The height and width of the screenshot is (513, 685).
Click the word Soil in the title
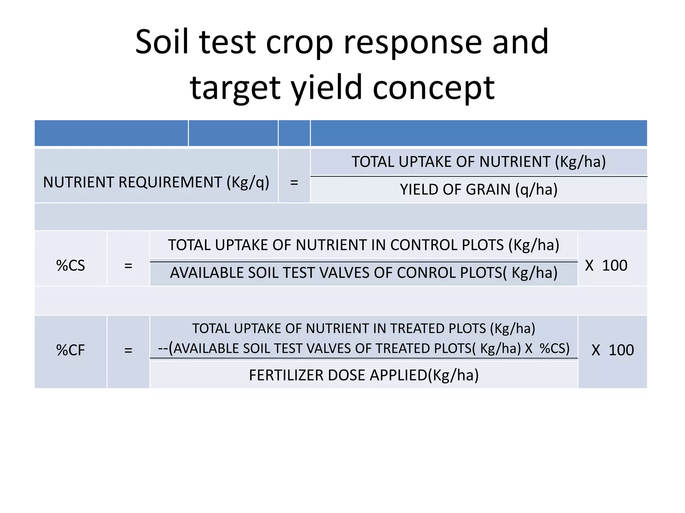[162, 42]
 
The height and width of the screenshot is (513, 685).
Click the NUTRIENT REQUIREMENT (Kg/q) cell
[156, 183]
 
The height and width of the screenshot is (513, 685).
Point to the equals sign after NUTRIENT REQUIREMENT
[294, 183]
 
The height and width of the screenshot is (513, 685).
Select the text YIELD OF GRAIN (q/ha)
[478, 190]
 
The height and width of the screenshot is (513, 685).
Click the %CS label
[71, 266]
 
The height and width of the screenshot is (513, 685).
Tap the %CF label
[71, 350]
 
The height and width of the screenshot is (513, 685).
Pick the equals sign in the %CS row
[128, 266]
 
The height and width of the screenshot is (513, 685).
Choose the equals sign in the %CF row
[128, 350]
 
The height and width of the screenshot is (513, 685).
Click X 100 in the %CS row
[606, 266]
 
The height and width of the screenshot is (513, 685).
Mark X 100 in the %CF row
[612, 350]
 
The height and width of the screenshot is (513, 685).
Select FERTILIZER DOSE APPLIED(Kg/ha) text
[364, 375]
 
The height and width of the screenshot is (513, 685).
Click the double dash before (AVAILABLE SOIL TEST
[163, 349]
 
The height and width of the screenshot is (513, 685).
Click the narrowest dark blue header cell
[294, 133]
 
